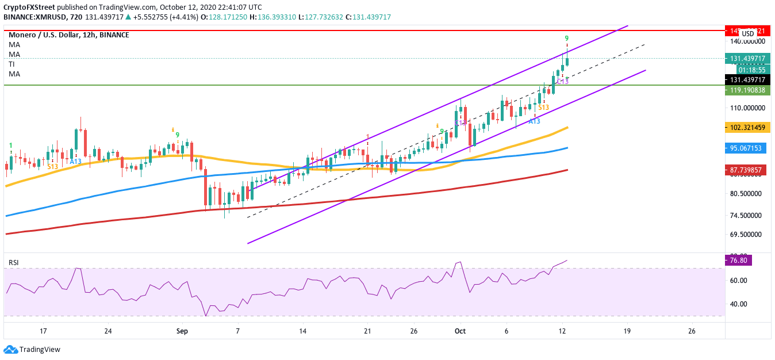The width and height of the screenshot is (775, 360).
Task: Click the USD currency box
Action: (x=748, y=34)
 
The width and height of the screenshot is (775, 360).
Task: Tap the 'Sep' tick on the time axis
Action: (x=182, y=331)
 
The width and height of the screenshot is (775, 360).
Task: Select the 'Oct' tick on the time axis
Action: (x=460, y=331)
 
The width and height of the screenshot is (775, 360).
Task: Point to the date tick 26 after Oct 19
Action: (x=692, y=331)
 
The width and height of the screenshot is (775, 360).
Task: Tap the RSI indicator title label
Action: (x=14, y=263)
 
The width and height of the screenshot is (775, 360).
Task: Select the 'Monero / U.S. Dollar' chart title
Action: (x=49, y=35)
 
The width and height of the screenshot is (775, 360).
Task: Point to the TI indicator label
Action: (x=11, y=64)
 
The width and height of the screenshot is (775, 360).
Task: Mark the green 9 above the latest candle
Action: (x=567, y=39)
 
